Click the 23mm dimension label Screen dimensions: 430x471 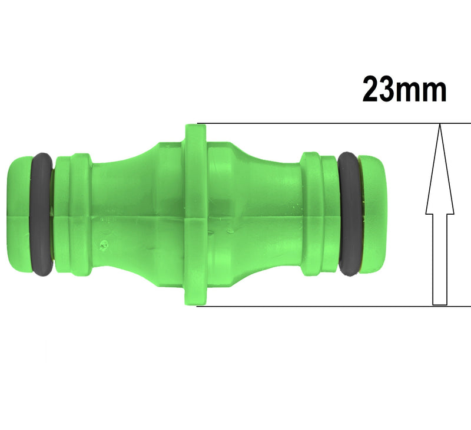[404, 90]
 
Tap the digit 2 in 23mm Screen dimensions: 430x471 [373, 90]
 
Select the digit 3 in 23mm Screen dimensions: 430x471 [391, 90]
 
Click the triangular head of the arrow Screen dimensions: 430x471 [439, 177]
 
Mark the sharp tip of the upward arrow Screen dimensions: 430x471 [439, 126]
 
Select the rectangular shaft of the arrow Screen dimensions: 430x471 [439, 260]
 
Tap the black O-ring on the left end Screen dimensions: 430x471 [42, 215]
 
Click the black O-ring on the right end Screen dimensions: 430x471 [349, 214]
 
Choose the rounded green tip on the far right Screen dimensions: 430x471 [372, 215]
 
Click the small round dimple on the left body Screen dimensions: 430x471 [105, 242]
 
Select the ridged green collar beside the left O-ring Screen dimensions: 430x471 [73, 215]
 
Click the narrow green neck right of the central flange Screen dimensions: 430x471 [271, 215]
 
